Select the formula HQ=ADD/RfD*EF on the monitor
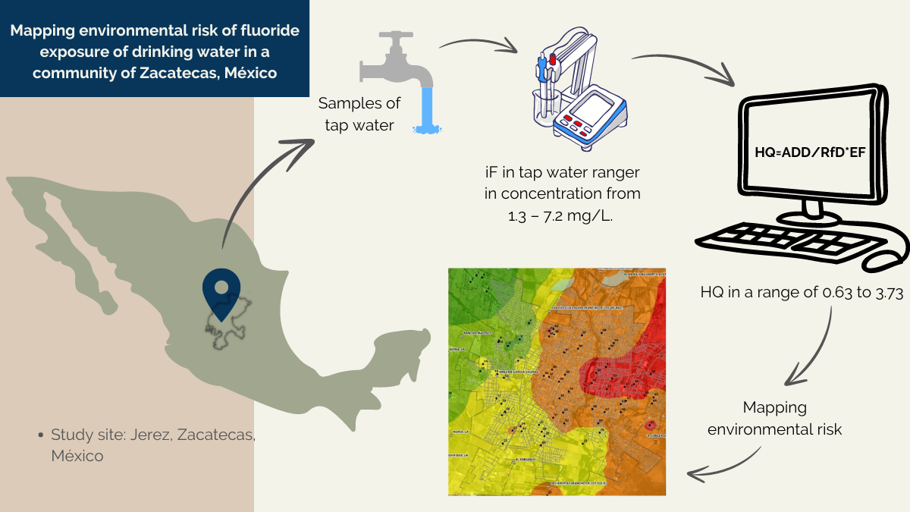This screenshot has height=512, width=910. point(809,152)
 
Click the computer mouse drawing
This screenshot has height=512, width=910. point(887,259)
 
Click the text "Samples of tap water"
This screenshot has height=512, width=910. point(359,114)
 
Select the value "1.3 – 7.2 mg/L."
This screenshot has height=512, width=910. point(560,215)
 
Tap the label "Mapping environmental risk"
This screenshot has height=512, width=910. point(774,418)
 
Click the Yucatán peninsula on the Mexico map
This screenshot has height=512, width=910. point(402,345)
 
